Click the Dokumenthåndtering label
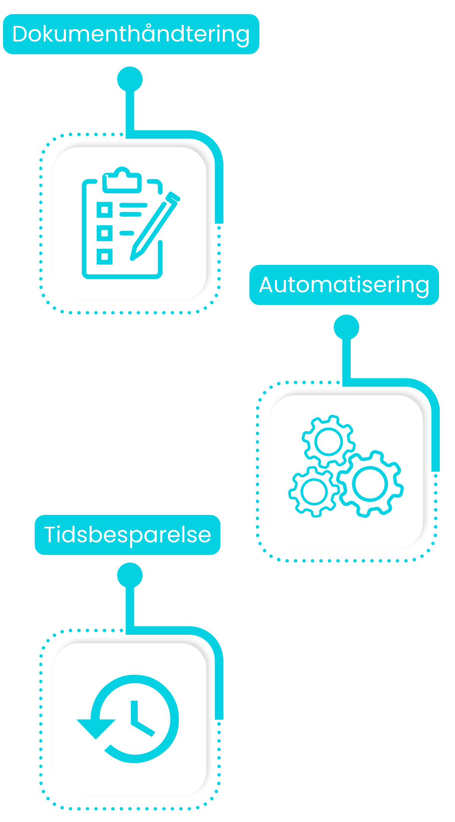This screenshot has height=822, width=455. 131,34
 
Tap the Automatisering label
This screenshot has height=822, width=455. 344,285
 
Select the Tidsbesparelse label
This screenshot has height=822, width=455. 127,535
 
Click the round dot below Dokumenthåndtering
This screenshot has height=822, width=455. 130,79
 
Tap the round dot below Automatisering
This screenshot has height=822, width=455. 346,327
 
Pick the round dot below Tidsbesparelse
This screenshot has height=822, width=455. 130,575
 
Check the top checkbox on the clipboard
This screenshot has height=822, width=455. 105,210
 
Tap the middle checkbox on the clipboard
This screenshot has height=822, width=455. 105,233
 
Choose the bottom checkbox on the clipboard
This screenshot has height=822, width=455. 105,256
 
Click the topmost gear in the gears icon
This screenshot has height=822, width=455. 328,441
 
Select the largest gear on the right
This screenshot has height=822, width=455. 370,484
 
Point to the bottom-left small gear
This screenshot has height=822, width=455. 314,491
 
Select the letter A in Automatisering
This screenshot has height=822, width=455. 267,285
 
